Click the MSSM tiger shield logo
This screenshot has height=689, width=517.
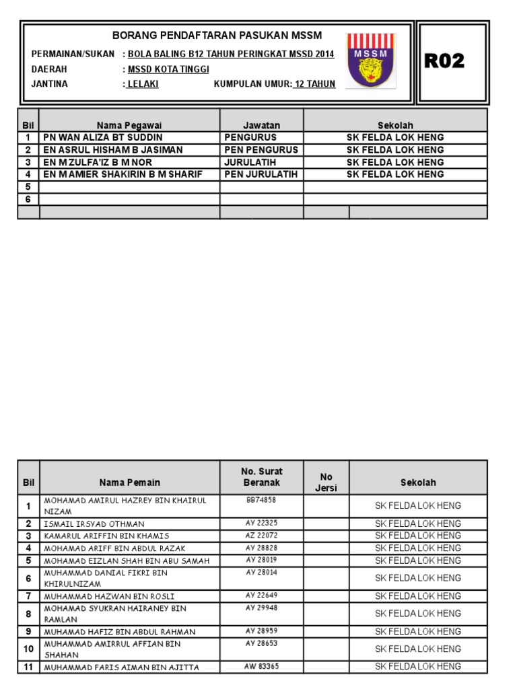pyautogui.click(x=370, y=61)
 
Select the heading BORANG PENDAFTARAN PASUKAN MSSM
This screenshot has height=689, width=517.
pyautogui.click(x=217, y=35)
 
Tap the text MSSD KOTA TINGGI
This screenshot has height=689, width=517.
pyautogui.click(x=168, y=69)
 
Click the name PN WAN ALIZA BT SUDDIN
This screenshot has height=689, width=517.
pyautogui.click(x=103, y=137)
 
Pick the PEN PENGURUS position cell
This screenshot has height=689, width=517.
pyautogui.click(x=261, y=149)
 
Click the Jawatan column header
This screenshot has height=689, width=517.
pyautogui.click(x=261, y=125)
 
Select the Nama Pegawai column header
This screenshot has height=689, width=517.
pyautogui.click(x=129, y=125)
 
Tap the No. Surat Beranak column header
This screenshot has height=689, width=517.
pyautogui.click(x=261, y=477)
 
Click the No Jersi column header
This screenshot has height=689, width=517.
pyautogui.click(x=326, y=482)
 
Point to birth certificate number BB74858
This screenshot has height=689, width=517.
pyautogui.click(x=261, y=500)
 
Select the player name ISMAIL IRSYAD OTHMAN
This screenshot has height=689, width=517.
pyautogui.click(x=94, y=524)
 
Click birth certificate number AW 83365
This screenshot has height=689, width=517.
pyautogui.click(x=261, y=666)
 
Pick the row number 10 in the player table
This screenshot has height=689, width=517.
pyautogui.click(x=28, y=649)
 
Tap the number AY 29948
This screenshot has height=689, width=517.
pyautogui.click(x=261, y=608)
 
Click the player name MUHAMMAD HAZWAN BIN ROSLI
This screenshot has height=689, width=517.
pyautogui.click(x=108, y=596)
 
